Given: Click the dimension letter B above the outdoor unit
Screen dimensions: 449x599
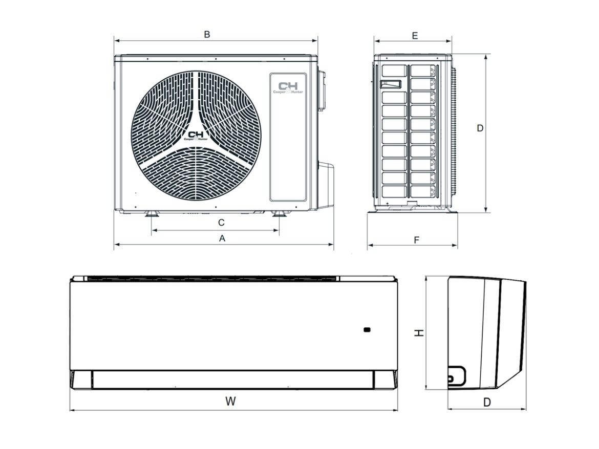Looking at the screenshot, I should click(207, 34).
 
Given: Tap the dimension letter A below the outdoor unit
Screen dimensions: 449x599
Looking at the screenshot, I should click(222, 238).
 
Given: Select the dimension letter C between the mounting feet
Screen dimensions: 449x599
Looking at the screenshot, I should click(221, 222).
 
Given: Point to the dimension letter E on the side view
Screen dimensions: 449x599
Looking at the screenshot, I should click(415, 35).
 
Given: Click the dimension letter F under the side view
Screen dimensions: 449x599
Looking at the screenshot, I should click(416, 239).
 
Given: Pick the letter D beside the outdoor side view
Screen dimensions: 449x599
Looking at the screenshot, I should click(480, 128).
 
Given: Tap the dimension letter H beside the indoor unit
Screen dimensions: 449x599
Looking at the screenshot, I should click(419, 333).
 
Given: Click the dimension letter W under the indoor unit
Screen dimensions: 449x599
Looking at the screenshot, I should click(231, 401).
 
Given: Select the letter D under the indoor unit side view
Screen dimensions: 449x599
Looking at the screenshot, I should click(487, 402).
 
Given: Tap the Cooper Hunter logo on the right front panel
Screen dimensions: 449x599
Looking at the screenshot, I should click(288, 87).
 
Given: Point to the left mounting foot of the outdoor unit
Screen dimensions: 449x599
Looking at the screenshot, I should click(152, 213).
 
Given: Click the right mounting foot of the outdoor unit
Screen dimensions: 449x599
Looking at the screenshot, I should click(279, 213).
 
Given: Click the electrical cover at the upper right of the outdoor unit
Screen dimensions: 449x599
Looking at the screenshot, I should click(322, 89).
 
